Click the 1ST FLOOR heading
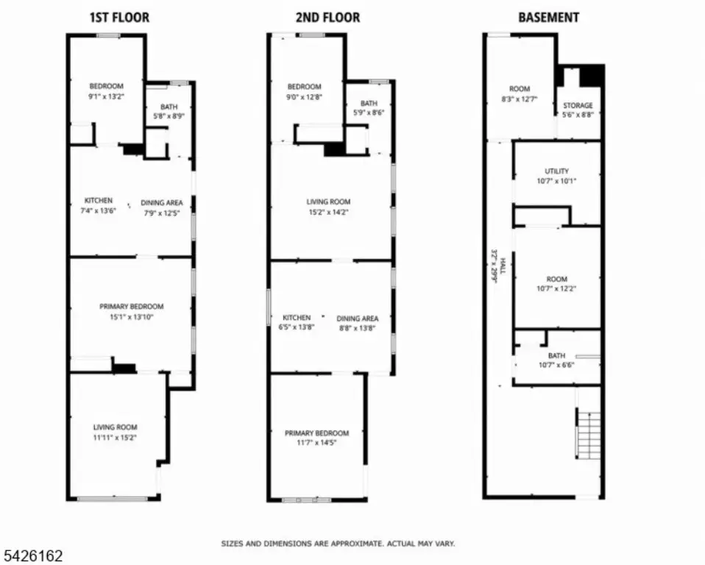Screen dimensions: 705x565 pyautogui.click(x=120, y=18)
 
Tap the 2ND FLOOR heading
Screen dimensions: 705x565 pyautogui.click(x=327, y=18)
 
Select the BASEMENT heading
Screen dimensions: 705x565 pyautogui.click(x=548, y=18)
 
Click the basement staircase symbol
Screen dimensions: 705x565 pyautogui.click(x=588, y=435)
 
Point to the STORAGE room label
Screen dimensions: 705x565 pyautogui.click(x=578, y=106)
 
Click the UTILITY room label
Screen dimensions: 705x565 pyautogui.click(x=556, y=171)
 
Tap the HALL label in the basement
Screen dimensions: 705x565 pyautogui.click(x=503, y=266)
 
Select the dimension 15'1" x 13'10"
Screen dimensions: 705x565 pyautogui.click(x=131, y=317)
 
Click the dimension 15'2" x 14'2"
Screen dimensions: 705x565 pyautogui.click(x=328, y=212)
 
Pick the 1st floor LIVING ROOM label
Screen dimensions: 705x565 pyautogui.click(x=115, y=427)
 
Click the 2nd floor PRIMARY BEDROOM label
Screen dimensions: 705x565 pyautogui.click(x=316, y=433)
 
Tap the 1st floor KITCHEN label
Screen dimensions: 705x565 pyautogui.click(x=99, y=200)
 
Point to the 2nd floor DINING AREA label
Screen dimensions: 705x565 pyautogui.click(x=358, y=319)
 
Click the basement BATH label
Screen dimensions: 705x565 pyautogui.click(x=556, y=355)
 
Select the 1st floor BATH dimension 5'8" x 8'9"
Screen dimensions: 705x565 pyautogui.click(x=169, y=116)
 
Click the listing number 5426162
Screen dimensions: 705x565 pyautogui.click(x=34, y=556)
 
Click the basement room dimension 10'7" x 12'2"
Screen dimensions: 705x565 pyautogui.click(x=556, y=288)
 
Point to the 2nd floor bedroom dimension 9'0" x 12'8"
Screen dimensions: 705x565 pyautogui.click(x=305, y=96)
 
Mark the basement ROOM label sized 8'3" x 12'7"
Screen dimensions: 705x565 pyautogui.click(x=520, y=89)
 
